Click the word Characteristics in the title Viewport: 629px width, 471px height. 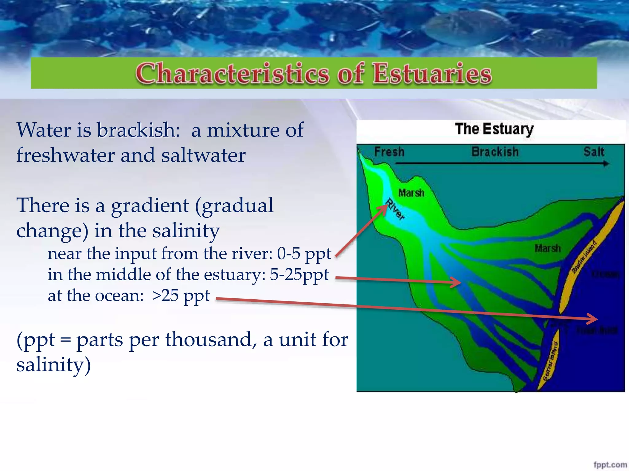232,74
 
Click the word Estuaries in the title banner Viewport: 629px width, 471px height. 432,74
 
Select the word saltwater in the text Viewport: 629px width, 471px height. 203,155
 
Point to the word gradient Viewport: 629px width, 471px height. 150,206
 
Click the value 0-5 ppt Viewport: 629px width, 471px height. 304,254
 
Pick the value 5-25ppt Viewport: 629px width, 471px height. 299,275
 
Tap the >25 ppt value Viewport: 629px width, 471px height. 181,296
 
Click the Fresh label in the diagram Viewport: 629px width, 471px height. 389,152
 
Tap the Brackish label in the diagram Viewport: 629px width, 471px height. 495,152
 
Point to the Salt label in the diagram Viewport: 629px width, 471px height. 594,152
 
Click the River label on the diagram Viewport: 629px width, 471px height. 396,209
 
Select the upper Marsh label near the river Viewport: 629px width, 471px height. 411,193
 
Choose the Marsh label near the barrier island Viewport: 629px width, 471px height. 548,248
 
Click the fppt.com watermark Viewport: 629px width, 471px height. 610,465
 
